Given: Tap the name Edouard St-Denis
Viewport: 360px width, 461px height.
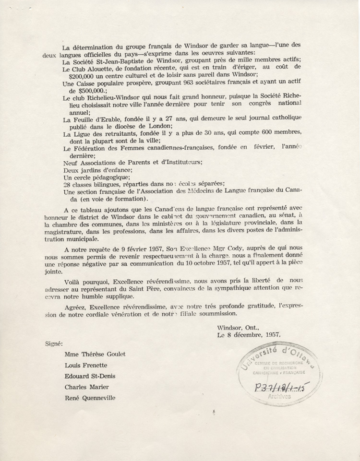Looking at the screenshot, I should (x=89, y=376).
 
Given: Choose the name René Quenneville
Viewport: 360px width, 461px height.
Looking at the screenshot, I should (x=90, y=398).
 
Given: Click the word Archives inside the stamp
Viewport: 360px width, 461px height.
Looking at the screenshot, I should (x=279, y=397).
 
